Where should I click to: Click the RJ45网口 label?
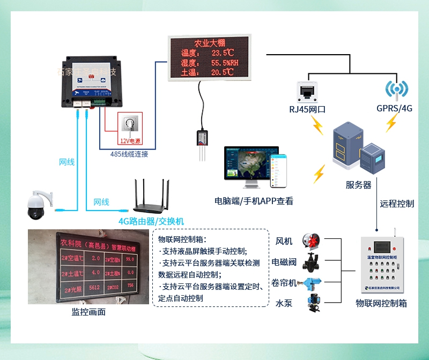click(x=307, y=109)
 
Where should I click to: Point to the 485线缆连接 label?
click(x=129, y=154)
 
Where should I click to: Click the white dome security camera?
click(x=38, y=204)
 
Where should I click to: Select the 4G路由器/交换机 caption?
click(x=151, y=221)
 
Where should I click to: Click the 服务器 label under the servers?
click(x=358, y=185)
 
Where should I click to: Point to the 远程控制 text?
click(x=397, y=204)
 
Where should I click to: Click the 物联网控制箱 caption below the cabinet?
click(x=381, y=303)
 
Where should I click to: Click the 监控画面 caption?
click(x=88, y=312)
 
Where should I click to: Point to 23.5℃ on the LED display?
click(x=223, y=52)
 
